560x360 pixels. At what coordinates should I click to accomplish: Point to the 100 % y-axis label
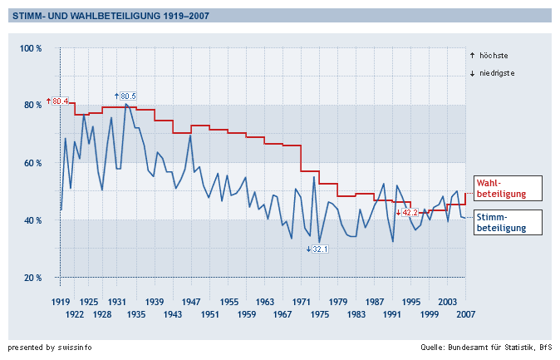click(x=31, y=49)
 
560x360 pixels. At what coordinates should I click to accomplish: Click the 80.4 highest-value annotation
click(x=59, y=101)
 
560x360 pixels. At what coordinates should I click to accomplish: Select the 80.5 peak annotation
click(x=125, y=96)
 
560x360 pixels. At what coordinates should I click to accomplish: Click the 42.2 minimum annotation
click(x=407, y=213)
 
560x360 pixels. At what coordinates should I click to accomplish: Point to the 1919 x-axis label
click(x=61, y=301)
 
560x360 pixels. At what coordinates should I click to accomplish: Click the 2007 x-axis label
click(x=464, y=315)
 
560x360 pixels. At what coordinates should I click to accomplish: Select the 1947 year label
click(x=191, y=301)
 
